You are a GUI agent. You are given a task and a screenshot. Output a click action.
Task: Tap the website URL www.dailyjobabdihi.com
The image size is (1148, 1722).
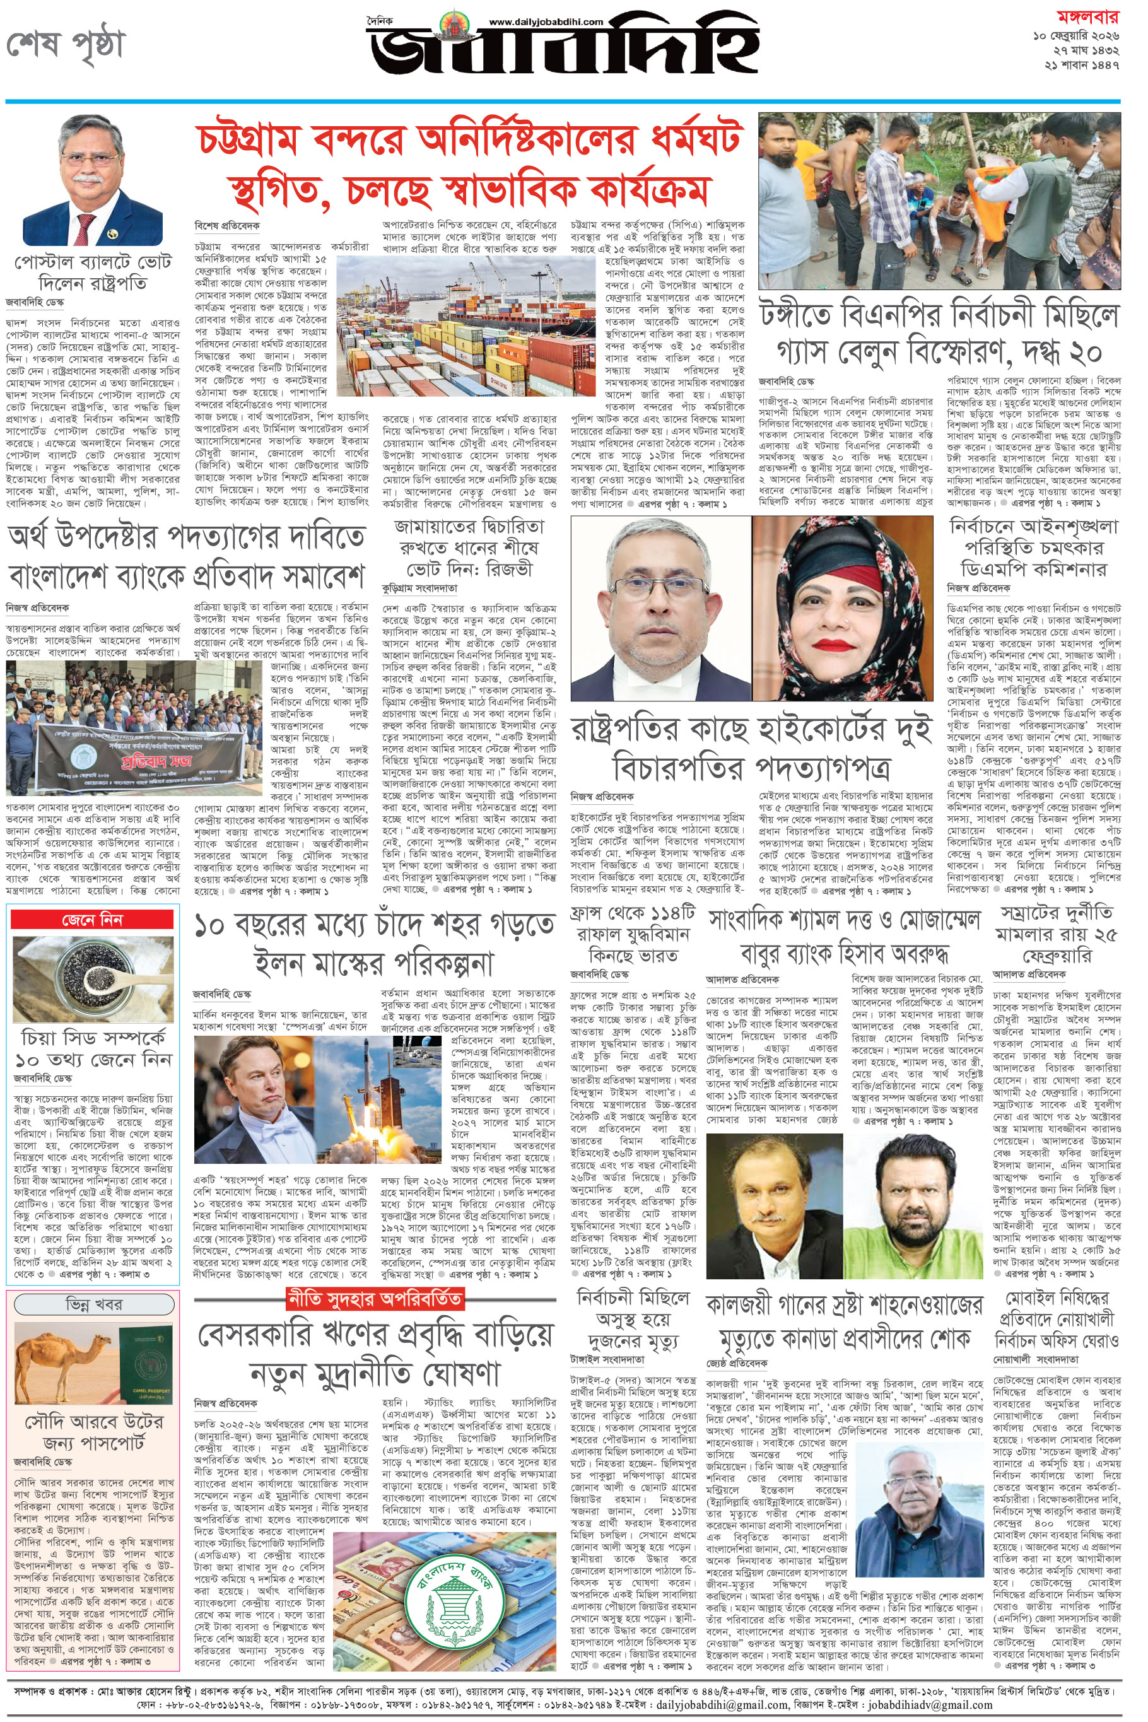pyautogui.click(x=546, y=22)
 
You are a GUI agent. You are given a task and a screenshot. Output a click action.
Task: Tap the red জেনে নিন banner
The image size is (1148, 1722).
pyautogui.click(x=92, y=920)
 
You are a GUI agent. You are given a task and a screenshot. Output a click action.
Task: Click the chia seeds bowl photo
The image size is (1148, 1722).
pyautogui.click(x=92, y=978)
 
